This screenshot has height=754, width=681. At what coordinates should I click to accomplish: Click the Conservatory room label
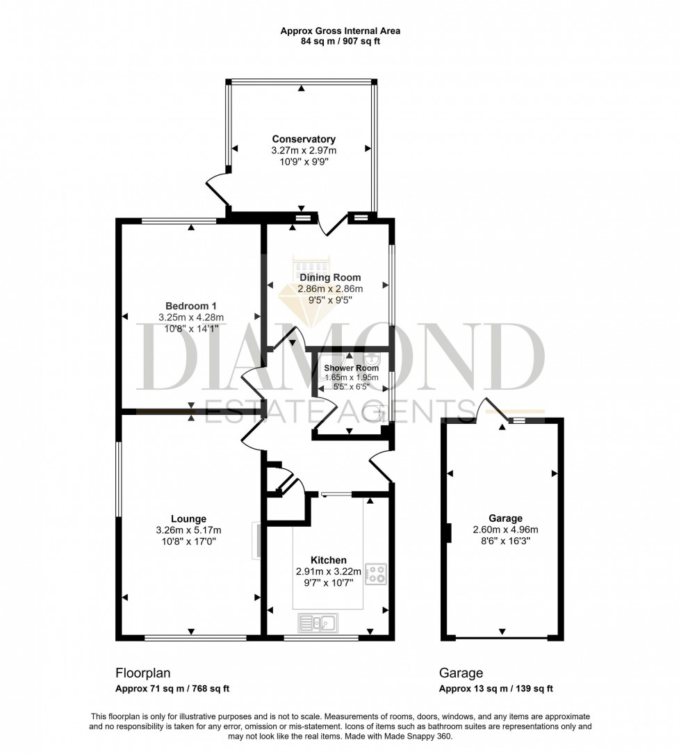[x=304, y=139]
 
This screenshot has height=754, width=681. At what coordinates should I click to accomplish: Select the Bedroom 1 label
[x=190, y=306]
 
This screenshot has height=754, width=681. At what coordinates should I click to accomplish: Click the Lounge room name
[x=189, y=518]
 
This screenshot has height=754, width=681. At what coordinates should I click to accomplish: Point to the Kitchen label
[x=328, y=560]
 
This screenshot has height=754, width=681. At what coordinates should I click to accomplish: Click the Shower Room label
[x=351, y=368]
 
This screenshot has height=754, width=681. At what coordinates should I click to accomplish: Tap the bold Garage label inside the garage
[x=504, y=518]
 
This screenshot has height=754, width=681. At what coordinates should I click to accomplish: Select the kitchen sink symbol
[x=318, y=622]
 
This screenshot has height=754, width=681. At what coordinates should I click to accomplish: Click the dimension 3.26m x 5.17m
[x=189, y=530]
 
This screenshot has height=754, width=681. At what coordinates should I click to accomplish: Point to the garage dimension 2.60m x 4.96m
[x=504, y=529]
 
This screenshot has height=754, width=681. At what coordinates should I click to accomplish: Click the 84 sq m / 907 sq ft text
[x=340, y=42]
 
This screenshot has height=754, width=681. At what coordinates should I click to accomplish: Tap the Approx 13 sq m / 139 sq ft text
[x=495, y=689]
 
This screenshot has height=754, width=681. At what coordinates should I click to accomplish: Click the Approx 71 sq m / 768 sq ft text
[x=172, y=689]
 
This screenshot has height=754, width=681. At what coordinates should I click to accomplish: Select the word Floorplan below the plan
[x=142, y=673]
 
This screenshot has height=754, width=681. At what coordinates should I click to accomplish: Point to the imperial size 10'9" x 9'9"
[x=304, y=161]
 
